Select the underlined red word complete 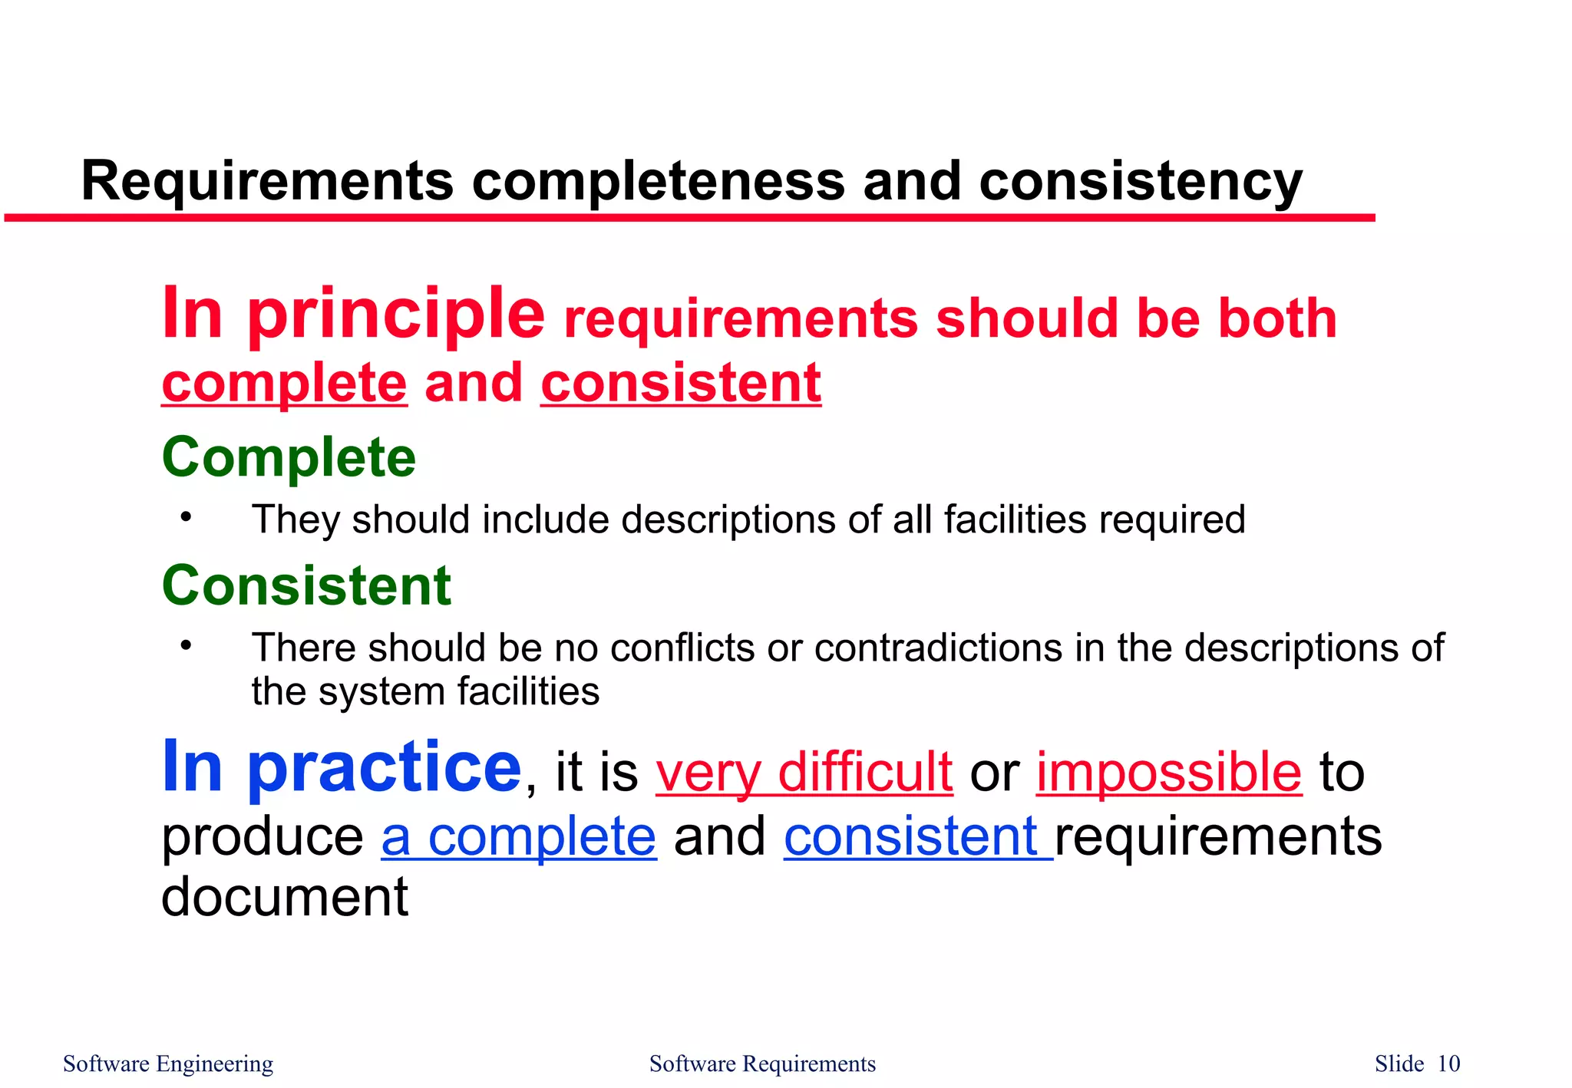pos(284,383)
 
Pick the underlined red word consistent pos(681,383)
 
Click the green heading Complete pos(289,457)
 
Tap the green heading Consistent pos(306,585)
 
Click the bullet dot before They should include pos(185,517)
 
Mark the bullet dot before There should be pos(185,645)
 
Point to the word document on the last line pos(285,896)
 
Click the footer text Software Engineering pos(168,1063)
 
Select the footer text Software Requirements pos(762,1063)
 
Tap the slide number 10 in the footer pos(1448,1063)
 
